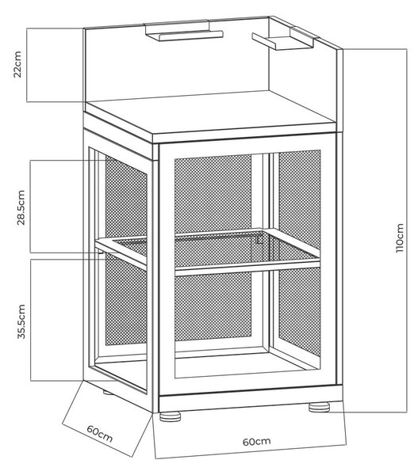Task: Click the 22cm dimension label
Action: coord(17,65)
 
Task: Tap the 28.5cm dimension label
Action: coord(21,207)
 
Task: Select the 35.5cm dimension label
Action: coord(21,321)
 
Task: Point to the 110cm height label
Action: coord(400,237)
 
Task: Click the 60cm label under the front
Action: coord(256,442)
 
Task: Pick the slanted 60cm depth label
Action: coord(100,434)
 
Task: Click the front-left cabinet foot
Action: coord(170,416)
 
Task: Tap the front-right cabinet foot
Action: coord(319,407)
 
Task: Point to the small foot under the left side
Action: coord(107,393)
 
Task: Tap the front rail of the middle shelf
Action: coord(247,268)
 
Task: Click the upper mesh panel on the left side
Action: coord(125,200)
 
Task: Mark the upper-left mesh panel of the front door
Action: coord(213,194)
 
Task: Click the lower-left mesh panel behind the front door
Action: coord(213,306)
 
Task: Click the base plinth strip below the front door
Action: coord(251,398)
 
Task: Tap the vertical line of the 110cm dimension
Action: coord(407,230)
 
